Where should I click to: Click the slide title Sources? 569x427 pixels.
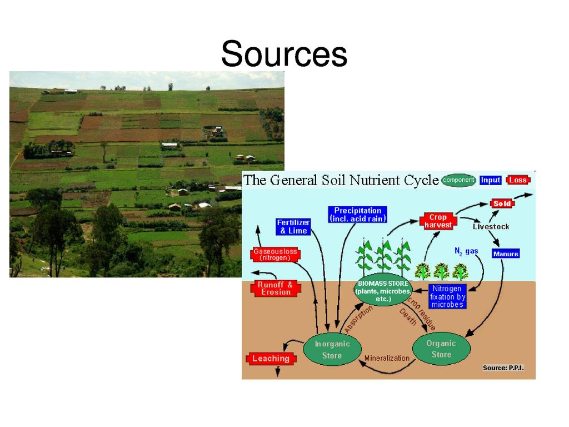(x=284, y=54)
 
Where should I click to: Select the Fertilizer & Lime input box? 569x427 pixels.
(x=293, y=226)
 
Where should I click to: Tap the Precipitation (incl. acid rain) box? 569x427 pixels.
(x=357, y=215)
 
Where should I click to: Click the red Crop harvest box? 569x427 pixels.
(x=438, y=221)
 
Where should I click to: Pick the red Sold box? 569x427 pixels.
(x=502, y=203)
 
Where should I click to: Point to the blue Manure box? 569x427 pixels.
(x=506, y=254)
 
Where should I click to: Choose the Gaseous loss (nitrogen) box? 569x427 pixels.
(x=275, y=255)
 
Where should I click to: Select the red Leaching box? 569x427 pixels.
(x=271, y=359)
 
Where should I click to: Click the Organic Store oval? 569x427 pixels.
(x=441, y=349)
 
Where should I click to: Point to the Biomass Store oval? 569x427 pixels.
(x=383, y=291)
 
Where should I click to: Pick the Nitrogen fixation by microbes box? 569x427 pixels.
(x=447, y=296)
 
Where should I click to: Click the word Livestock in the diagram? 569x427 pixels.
(x=491, y=226)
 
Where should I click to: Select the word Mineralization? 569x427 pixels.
(x=386, y=358)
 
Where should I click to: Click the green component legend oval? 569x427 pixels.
(x=458, y=180)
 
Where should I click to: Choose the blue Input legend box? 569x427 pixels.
(x=491, y=180)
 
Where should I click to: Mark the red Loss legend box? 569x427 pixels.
(x=518, y=180)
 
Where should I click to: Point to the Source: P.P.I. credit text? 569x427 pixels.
(x=503, y=368)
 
